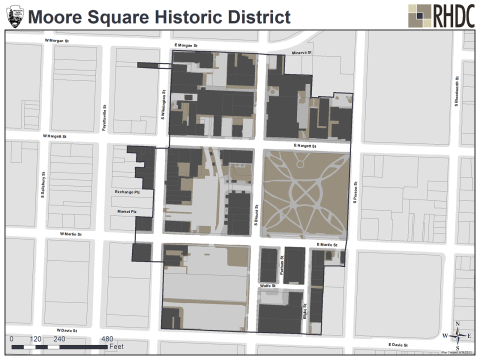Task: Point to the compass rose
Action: [x=457, y=335]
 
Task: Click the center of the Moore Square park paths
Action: [x=305, y=195]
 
